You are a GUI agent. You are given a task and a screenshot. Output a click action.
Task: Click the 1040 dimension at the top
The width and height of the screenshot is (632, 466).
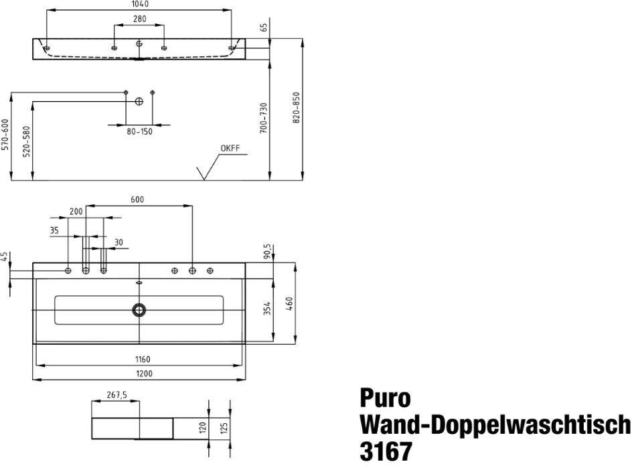coord(139,4)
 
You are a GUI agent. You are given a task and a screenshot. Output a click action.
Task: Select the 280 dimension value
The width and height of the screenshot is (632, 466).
coord(139,19)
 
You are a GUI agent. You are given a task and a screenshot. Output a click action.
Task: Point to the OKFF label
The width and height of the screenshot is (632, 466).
coord(230,148)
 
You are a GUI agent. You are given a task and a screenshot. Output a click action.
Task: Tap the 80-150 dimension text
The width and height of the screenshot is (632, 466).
coord(139,131)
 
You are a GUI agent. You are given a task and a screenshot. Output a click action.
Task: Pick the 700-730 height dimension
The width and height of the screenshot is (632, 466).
coord(264,118)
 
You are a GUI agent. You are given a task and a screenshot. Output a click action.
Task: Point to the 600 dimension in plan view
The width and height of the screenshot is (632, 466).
coord(137,200)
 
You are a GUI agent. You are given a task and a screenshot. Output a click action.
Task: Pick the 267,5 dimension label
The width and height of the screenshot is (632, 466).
coord(116,396)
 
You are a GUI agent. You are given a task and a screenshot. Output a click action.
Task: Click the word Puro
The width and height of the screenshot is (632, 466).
coord(385,398)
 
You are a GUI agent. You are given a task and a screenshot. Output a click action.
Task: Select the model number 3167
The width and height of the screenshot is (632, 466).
coord(386,450)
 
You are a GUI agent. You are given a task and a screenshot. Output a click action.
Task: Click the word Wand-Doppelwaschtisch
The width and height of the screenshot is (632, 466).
coord(495,424)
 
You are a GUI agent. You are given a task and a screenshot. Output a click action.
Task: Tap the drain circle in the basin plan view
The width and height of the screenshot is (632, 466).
coord(139,309)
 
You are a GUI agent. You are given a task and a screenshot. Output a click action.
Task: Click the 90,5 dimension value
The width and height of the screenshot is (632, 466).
coord(267,251)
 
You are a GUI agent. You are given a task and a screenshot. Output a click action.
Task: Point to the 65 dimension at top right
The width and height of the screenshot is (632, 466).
coord(264,27)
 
